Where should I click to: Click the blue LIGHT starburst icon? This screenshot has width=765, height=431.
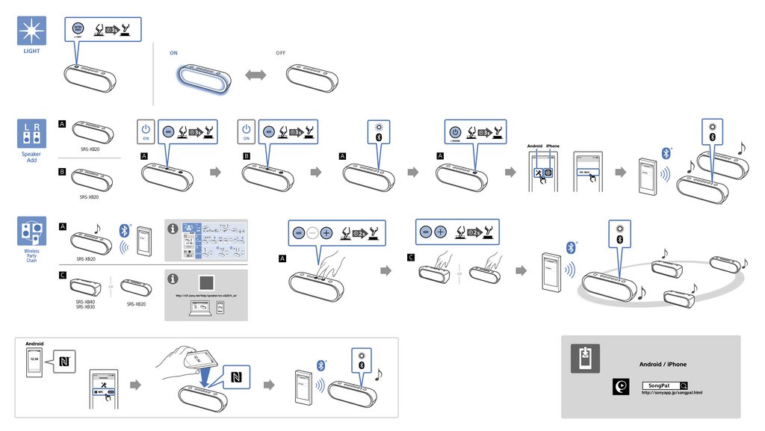tap(31, 31)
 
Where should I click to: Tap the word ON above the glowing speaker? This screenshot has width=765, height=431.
tap(173, 54)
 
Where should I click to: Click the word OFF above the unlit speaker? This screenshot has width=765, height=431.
tap(281, 54)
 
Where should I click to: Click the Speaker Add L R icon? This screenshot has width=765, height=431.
tap(31, 134)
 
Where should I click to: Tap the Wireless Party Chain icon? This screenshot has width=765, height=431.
tap(31, 232)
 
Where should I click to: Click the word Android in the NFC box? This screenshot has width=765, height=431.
tap(34, 345)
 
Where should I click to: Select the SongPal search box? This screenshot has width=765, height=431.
tap(663, 385)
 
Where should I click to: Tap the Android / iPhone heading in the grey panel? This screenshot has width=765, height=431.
tap(663, 365)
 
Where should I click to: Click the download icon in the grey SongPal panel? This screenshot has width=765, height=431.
tap(585, 359)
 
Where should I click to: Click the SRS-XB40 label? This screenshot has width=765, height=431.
tap(85, 302)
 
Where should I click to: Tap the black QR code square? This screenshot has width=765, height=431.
tap(206, 283)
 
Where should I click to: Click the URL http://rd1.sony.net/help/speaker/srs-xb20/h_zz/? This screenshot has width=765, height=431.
tap(205, 296)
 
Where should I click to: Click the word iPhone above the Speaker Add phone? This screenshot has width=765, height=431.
tap(553, 146)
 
